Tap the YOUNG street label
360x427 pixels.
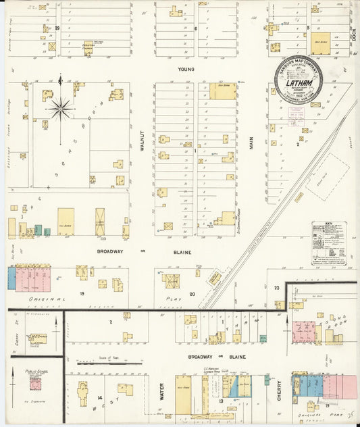coord(186,69)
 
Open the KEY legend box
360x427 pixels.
coord(329,243)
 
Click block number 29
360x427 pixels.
coord(58,28)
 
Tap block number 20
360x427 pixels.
coord(192,294)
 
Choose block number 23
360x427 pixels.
coord(277,288)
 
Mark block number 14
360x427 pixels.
coord(99,397)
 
